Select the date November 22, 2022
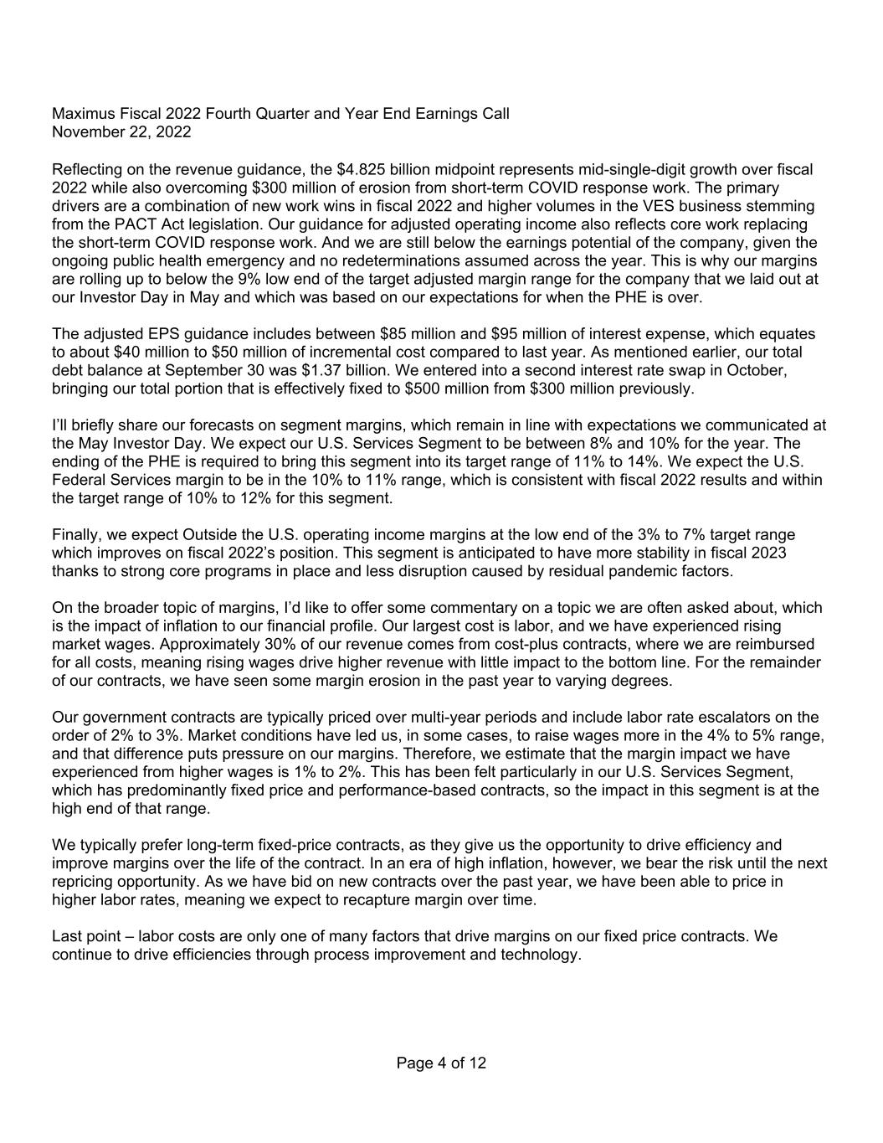pyautogui.click(x=121, y=132)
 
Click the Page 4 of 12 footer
pyautogui.click(x=441, y=1063)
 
